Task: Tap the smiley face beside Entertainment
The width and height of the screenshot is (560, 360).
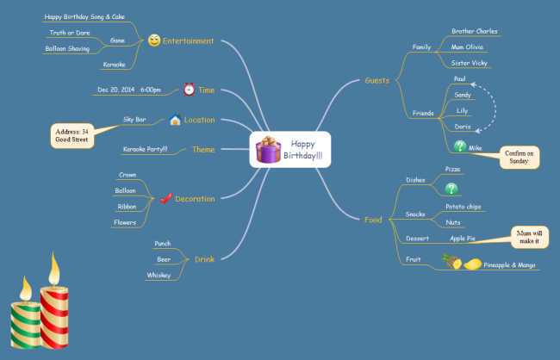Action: tap(154, 40)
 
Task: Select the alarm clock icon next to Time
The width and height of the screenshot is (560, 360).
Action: tap(189, 90)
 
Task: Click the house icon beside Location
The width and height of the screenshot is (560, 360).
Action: tap(175, 120)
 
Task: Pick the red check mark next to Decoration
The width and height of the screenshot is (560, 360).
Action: tap(165, 199)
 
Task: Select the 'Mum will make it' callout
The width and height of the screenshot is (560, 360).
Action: tap(528, 236)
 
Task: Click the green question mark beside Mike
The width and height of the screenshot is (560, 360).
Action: tap(460, 146)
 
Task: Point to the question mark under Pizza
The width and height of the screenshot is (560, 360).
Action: tap(451, 189)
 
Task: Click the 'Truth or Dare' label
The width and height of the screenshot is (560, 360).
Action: tap(71, 33)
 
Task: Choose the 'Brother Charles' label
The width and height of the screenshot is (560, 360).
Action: tap(475, 31)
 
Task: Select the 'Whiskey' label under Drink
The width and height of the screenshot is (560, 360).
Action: tap(158, 275)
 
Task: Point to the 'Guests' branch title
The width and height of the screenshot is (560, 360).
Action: tap(377, 80)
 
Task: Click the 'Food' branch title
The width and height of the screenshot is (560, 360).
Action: tap(373, 220)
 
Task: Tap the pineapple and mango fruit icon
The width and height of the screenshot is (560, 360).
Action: tap(461, 263)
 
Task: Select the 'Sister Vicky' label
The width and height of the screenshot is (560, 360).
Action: tap(469, 63)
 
